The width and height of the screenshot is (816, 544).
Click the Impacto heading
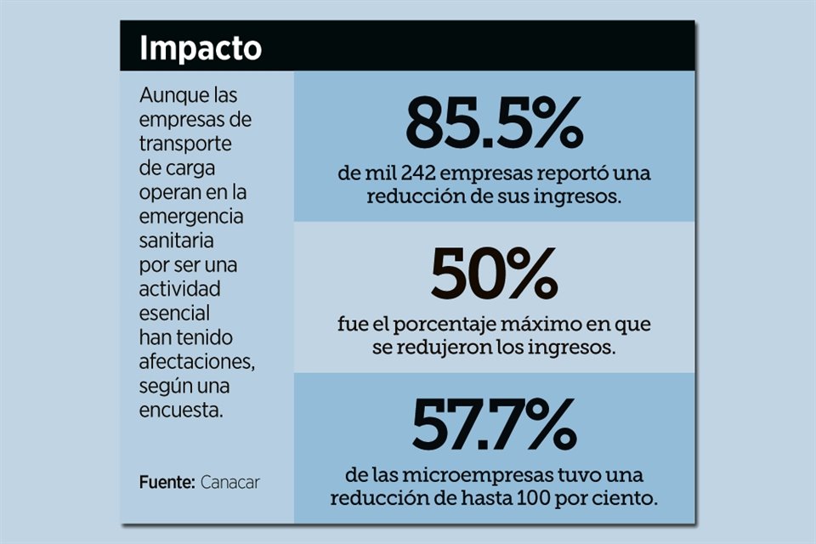click(200, 48)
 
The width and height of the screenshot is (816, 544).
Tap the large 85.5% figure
click(494, 122)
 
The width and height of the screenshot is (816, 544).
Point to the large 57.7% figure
click(494, 426)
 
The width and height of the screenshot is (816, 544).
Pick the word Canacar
click(229, 482)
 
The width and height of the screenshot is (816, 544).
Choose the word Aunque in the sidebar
click(170, 95)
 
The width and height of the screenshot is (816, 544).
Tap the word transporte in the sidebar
click(185, 144)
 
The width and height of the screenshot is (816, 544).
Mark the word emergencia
click(191, 217)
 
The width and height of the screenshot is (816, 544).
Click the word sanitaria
click(176, 241)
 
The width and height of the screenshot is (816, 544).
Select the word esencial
click(174, 314)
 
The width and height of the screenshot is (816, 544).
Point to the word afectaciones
click(195, 362)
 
